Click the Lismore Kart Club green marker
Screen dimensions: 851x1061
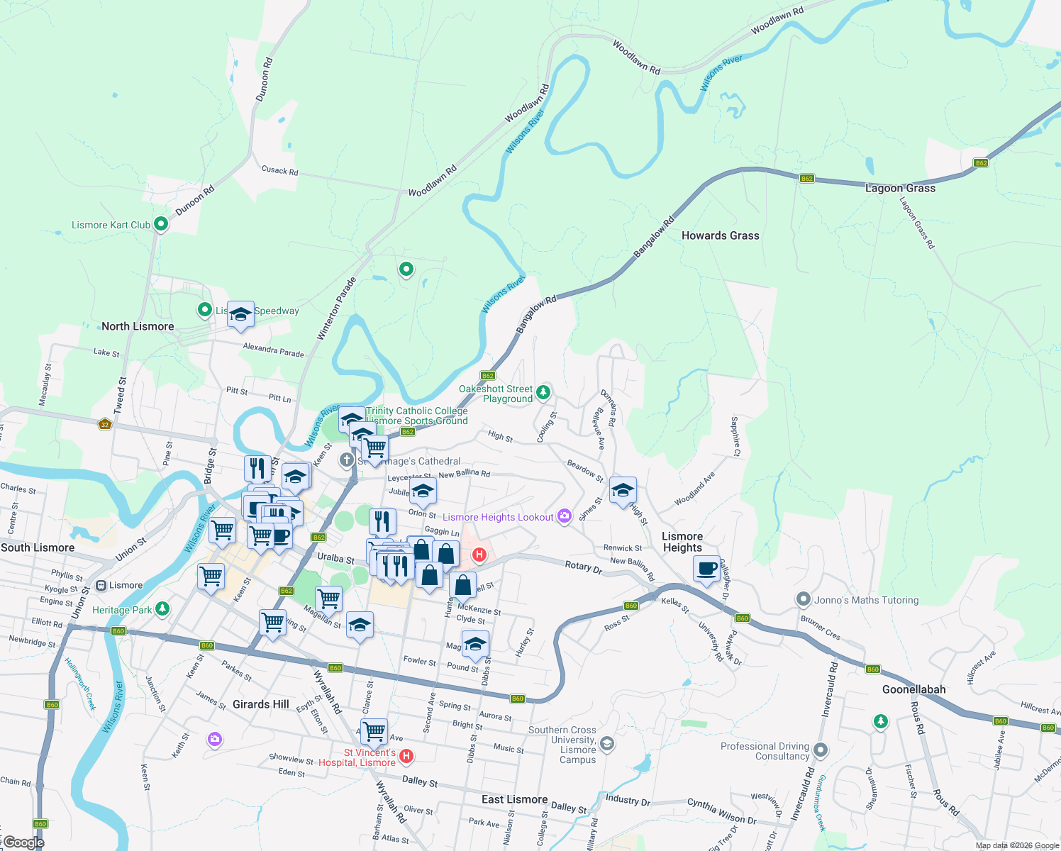point(161,224)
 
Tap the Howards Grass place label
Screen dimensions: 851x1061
point(720,235)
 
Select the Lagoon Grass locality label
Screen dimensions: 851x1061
point(900,188)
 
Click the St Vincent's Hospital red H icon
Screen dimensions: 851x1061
point(406,757)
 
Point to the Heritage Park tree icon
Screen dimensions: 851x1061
point(162,608)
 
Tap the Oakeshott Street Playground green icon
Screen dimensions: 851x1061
point(543,391)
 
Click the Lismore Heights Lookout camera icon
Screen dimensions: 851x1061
point(565,516)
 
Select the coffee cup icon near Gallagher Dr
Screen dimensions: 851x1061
point(706,569)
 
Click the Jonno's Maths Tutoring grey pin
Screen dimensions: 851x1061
point(803,599)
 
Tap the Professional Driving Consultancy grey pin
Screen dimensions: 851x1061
point(821,750)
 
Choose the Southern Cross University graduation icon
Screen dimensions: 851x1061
point(606,743)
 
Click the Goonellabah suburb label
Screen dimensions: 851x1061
point(913,689)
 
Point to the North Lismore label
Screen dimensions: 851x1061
point(138,326)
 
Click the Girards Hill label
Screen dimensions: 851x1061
point(260,704)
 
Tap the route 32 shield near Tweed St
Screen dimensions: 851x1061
point(105,425)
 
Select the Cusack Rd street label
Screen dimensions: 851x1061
point(279,171)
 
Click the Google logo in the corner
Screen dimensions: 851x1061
point(23,842)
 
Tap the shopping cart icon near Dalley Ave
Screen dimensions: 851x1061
point(374,730)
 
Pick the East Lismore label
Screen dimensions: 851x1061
point(514,799)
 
